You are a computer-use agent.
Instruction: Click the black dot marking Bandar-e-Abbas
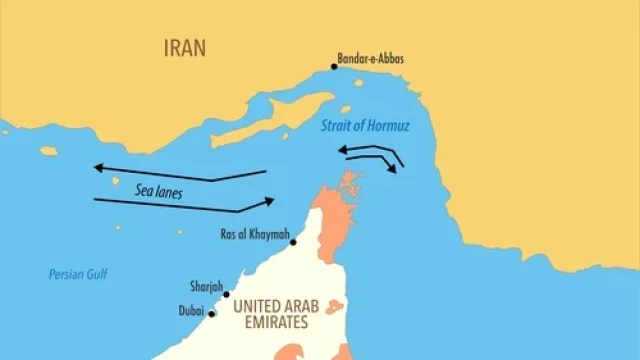point(334,67)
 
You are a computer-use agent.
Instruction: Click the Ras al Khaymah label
point(252,237)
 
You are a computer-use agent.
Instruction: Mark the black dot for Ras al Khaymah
point(293,242)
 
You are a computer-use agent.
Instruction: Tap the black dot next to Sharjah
point(226,294)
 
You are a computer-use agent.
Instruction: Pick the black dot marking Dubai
point(212,314)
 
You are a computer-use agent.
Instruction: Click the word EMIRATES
point(270,324)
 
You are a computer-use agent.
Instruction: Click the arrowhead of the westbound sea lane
point(96,168)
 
